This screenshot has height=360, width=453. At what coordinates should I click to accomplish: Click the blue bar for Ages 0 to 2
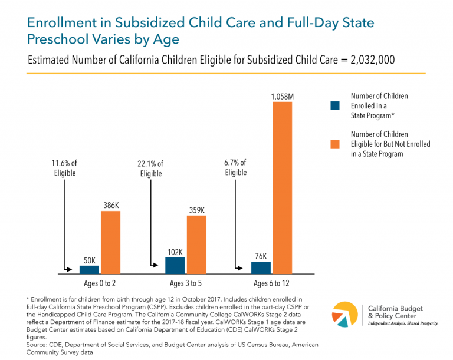coord(90,269)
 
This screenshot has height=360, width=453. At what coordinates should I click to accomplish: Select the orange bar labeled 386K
coord(110,242)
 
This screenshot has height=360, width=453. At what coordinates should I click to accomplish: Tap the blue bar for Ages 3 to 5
coord(175,265)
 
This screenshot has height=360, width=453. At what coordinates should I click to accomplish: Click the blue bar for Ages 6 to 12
coord(261,267)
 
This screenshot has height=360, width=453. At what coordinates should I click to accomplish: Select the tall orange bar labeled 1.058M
coord(282,188)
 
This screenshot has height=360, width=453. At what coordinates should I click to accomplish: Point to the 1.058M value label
coord(282,96)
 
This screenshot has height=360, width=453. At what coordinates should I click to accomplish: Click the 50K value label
coord(90,260)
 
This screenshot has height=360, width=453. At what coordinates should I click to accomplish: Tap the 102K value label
coord(175,252)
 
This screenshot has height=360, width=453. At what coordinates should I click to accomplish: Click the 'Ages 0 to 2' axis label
coord(100,283)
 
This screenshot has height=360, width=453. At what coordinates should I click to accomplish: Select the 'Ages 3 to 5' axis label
coord(186,283)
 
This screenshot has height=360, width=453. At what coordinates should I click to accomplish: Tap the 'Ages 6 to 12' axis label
coord(272,283)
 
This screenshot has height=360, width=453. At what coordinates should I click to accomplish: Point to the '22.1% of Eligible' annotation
coord(151,169)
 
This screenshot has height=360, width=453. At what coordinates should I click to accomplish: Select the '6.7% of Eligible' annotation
coord(235,167)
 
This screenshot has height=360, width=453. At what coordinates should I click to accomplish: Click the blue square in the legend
coord(335,105)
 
